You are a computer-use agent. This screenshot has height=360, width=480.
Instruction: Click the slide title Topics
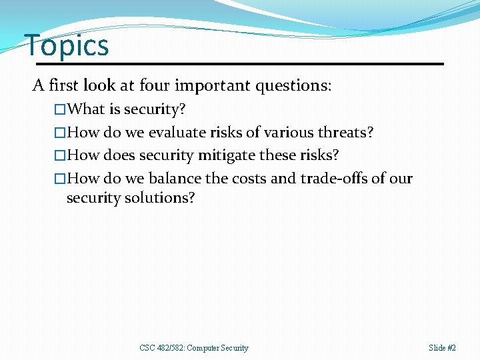click(x=67, y=45)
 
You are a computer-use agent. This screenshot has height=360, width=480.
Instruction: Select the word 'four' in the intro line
click(x=154, y=86)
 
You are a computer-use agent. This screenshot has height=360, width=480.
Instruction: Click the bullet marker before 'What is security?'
click(x=61, y=109)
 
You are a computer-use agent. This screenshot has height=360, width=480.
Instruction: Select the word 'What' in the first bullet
click(x=87, y=109)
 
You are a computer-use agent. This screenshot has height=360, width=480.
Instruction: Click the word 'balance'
click(x=175, y=179)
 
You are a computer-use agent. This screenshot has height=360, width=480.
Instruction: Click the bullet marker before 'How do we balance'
click(x=61, y=179)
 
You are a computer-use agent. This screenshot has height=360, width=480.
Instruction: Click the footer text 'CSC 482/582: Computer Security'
click(x=194, y=348)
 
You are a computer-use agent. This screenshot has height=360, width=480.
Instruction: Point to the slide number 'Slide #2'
click(x=443, y=348)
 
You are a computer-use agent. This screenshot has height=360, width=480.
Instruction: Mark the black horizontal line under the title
click(x=240, y=64)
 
